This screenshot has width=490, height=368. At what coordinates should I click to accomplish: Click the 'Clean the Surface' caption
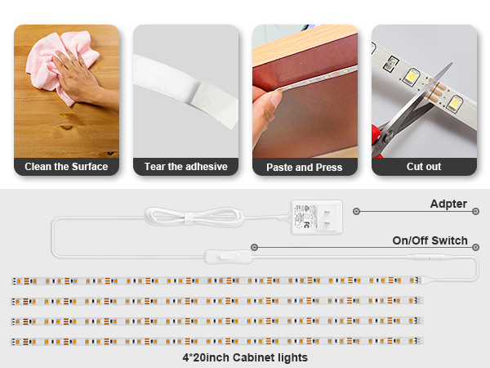[66, 167]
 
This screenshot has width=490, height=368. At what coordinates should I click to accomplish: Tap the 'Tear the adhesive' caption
[185, 167]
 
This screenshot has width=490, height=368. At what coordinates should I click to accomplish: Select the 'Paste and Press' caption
[305, 167]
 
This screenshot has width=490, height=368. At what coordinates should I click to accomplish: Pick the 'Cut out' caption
[424, 167]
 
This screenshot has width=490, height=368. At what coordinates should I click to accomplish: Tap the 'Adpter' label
[449, 204]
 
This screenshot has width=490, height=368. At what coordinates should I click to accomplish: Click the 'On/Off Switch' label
[430, 240]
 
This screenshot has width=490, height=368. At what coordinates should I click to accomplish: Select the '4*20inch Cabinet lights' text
[245, 357]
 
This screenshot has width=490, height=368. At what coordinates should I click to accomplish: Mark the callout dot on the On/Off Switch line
[255, 246]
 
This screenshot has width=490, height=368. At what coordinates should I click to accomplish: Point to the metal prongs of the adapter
[328, 218]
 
